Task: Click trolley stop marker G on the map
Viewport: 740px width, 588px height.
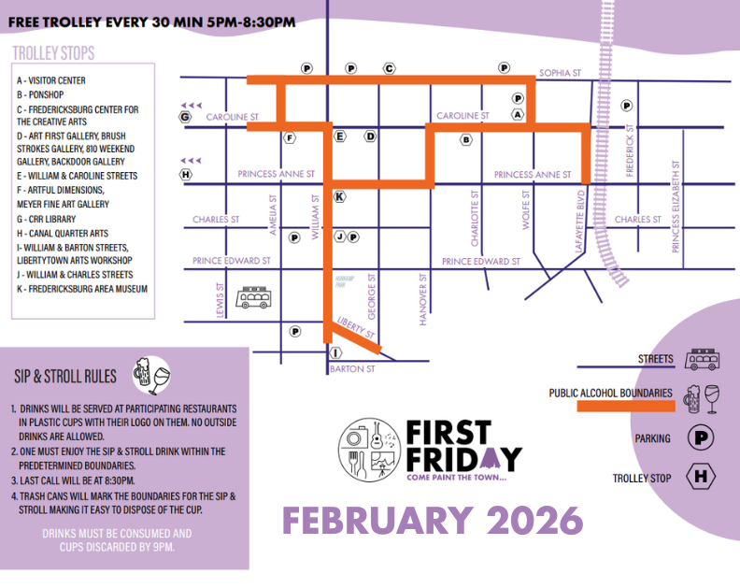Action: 185,117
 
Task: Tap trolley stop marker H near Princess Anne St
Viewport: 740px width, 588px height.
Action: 186,174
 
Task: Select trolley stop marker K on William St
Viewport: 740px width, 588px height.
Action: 339,196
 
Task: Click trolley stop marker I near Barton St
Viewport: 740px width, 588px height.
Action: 336,352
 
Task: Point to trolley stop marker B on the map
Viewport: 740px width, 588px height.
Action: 465,140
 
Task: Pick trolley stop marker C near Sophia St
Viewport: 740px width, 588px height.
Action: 389,68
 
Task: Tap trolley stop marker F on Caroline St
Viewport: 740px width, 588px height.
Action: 291,137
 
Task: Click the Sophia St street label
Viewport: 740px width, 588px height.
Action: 560,72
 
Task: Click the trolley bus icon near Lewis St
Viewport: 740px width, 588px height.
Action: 251,298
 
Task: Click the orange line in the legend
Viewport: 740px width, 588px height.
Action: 625,406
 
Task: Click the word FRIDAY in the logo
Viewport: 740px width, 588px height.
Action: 463,458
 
